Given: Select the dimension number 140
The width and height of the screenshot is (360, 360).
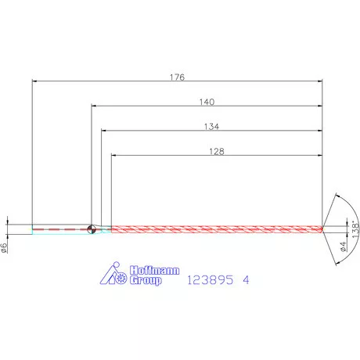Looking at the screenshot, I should pos(207,102).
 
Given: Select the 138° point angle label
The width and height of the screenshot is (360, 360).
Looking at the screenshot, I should pos(354,229).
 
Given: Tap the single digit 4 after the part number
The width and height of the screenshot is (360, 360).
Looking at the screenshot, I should pos(247,279).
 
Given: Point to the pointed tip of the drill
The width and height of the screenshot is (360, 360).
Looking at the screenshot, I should pos(322,229).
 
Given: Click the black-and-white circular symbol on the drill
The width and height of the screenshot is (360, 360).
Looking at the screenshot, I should pos(92,229).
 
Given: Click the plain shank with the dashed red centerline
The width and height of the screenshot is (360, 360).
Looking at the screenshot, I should pos(59,229).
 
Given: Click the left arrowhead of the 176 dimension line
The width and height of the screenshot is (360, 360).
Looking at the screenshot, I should pos(34,81).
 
